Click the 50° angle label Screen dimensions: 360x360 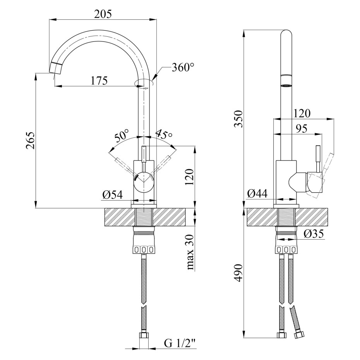(x=122, y=136)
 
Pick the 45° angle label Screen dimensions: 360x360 (x=164, y=135)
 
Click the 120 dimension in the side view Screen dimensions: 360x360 (x=302, y=113)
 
